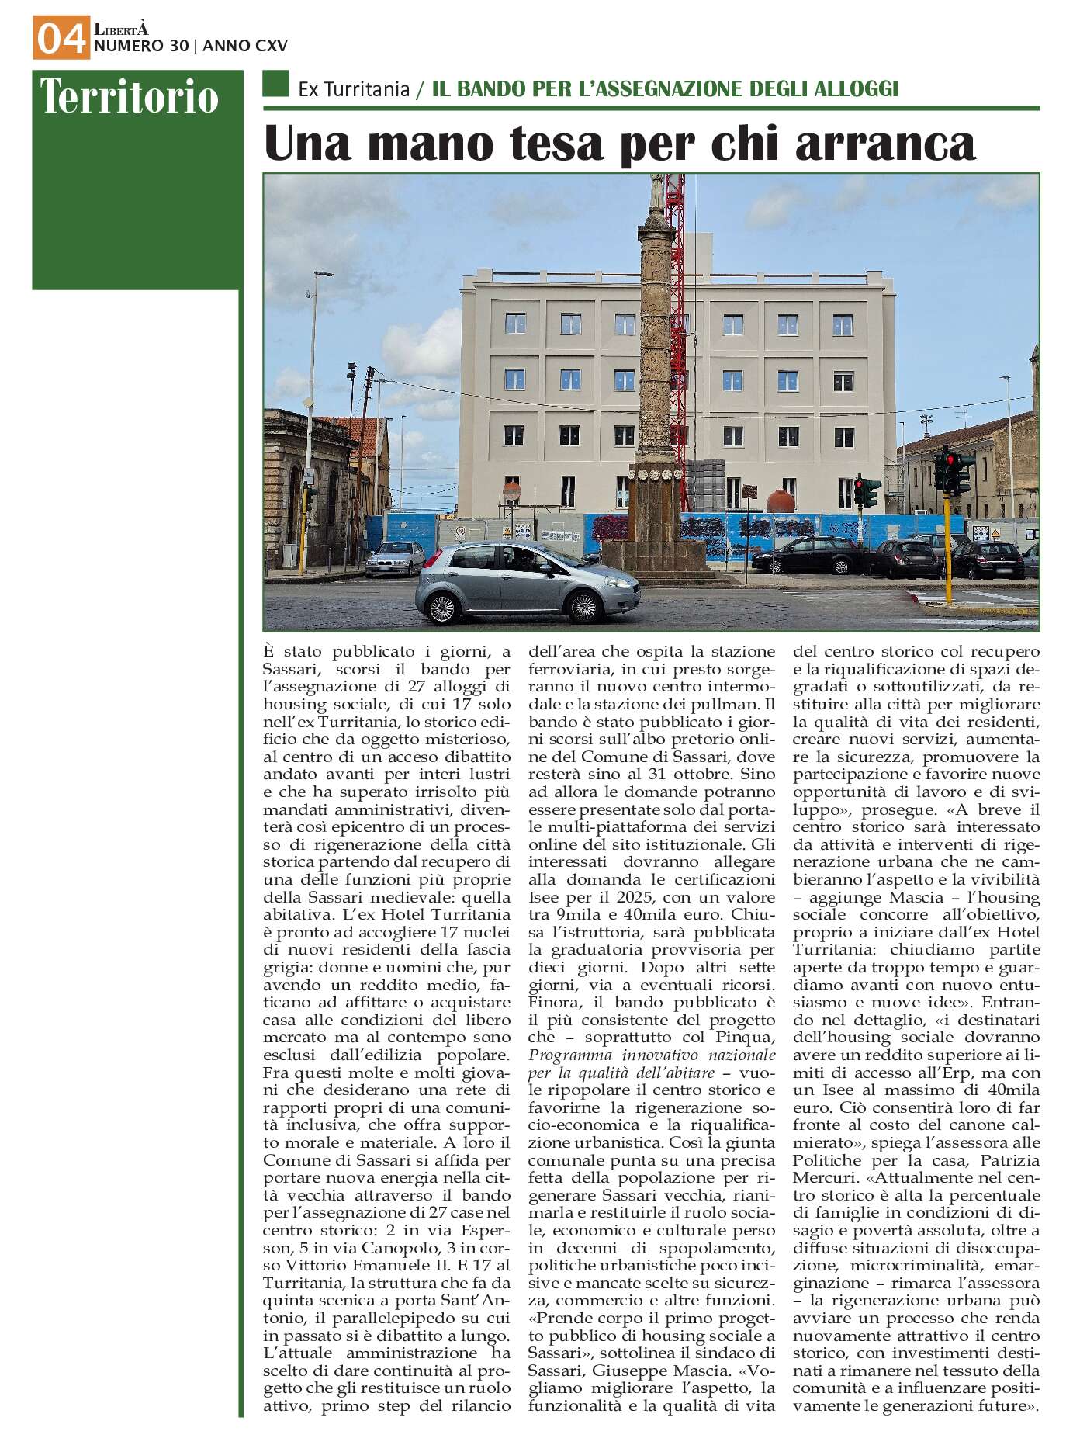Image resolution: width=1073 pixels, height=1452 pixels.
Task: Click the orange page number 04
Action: [x=60, y=39]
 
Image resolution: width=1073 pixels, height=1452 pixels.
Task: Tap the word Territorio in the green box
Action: [x=130, y=97]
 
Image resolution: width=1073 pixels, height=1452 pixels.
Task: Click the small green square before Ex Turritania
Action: [x=275, y=84]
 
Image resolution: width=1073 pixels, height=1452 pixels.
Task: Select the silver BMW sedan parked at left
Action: [x=395, y=559]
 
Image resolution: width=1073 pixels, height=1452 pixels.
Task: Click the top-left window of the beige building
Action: [x=514, y=323]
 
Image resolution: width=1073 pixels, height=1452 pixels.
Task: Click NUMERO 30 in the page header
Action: [x=140, y=47]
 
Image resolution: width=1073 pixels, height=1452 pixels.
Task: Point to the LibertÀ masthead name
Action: [x=120, y=29]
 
